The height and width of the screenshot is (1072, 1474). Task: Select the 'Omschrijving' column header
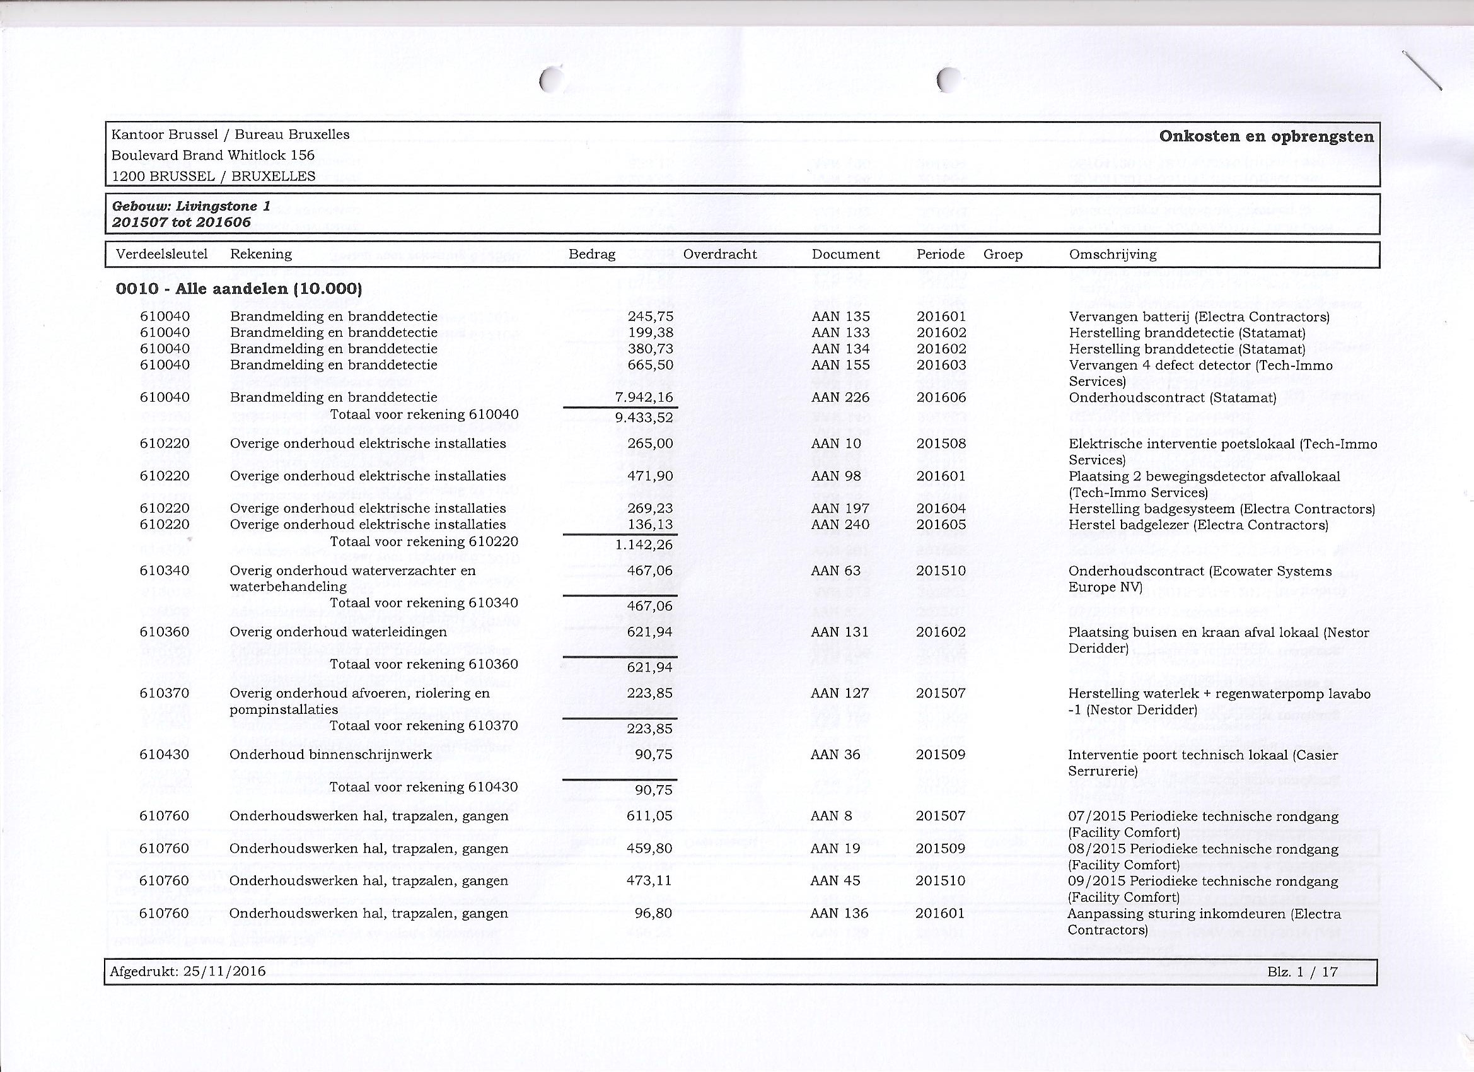[1113, 254]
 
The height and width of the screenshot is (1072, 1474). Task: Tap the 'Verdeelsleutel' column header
[162, 254]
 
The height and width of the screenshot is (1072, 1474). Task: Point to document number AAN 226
[840, 397]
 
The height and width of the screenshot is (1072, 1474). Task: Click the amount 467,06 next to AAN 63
[650, 571]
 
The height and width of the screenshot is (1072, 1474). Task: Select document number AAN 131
[840, 632]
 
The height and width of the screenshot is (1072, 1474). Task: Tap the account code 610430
[165, 755]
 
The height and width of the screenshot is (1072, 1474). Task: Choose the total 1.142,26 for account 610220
[644, 545]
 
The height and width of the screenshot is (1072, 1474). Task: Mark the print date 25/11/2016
[225, 971]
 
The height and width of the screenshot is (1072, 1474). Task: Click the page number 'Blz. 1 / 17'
[1303, 971]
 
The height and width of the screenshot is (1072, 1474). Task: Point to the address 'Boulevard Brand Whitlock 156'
[213, 155]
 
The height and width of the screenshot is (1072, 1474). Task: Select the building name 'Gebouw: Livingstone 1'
[191, 207]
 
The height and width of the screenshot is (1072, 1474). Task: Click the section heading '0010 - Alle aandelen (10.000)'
[238, 289]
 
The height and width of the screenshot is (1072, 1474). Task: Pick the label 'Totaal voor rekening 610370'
[424, 726]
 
